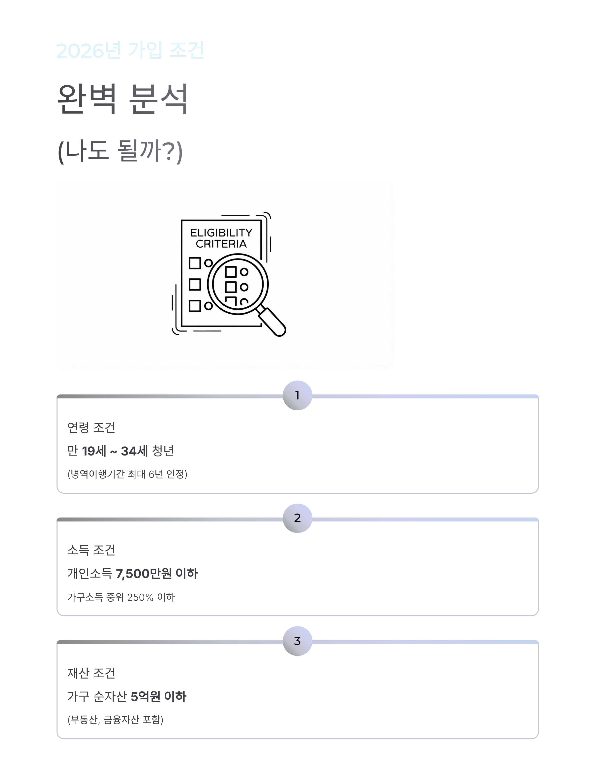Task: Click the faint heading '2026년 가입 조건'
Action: tap(130, 50)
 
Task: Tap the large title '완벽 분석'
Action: tap(122, 99)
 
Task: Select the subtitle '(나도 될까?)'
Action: tap(120, 151)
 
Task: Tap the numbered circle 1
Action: tap(297, 395)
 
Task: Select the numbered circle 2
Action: tap(297, 518)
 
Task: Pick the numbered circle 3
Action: tap(297, 641)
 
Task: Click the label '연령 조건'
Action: tap(91, 427)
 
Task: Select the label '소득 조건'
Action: tap(91, 550)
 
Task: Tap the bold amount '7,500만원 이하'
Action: tap(156, 574)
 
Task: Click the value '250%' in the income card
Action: tap(140, 597)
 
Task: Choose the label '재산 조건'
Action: tap(91, 673)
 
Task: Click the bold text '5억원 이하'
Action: tap(158, 696)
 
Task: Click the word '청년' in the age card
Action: tap(163, 451)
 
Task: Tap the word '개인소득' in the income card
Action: tap(89, 574)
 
